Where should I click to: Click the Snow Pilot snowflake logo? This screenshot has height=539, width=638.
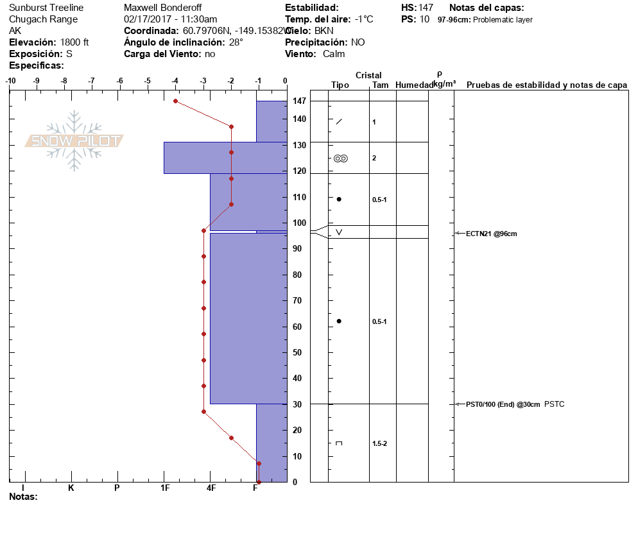tap(74, 141)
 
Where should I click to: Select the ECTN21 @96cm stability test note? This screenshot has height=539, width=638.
tap(491, 234)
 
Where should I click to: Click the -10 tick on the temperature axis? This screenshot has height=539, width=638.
tap(10, 81)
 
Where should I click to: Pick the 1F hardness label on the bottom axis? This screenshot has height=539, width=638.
tap(164, 488)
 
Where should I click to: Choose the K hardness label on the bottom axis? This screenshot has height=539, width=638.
tap(71, 488)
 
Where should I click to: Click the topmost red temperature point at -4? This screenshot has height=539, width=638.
tap(175, 101)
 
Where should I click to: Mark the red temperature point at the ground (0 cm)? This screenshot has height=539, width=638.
tap(259, 481)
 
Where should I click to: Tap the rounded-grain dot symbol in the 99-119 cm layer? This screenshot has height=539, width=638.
tap(339, 199)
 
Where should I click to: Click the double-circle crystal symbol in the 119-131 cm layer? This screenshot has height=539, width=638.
tap(340, 158)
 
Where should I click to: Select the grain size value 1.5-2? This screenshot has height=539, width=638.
tap(379, 443)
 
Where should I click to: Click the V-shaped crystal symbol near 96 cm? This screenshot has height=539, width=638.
tap(339, 232)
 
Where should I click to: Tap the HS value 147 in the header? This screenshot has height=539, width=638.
tap(426, 8)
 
